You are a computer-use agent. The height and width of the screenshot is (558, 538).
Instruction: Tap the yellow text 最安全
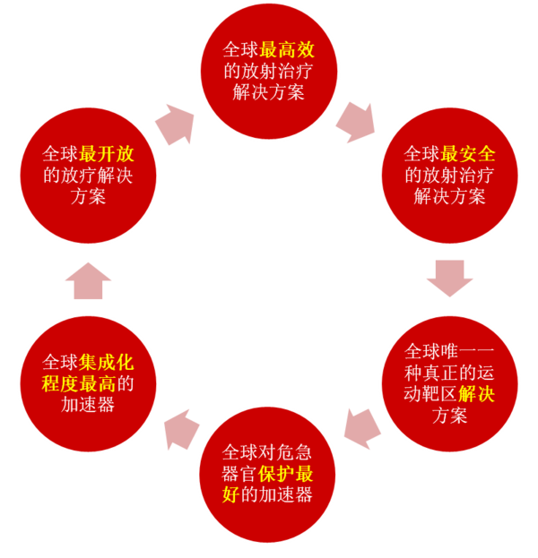(468, 153)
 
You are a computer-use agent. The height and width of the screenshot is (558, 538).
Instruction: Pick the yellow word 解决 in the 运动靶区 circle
(476, 394)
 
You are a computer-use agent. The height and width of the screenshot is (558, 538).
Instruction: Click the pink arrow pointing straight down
(449, 277)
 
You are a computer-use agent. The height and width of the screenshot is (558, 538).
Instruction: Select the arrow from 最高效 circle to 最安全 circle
(356, 119)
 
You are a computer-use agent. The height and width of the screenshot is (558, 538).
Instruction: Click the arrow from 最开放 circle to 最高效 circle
(175, 123)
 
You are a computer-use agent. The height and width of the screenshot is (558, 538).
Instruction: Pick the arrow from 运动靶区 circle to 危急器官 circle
(363, 425)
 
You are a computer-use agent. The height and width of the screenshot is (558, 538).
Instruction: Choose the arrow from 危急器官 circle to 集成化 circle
(180, 427)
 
